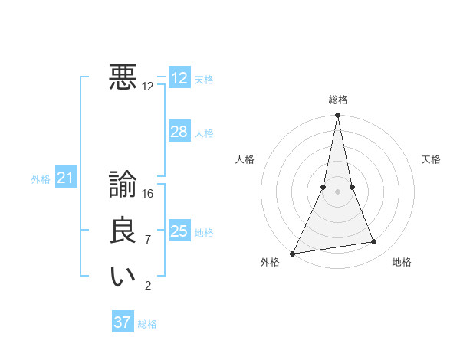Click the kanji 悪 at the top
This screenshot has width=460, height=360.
click(x=123, y=77)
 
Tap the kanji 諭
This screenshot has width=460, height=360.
click(x=123, y=185)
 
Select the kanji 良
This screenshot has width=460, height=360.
click(x=123, y=231)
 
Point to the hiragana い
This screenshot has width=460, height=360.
click(x=123, y=277)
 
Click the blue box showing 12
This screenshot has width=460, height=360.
click(x=179, y=78)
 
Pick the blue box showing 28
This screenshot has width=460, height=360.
click(x=179, y=132)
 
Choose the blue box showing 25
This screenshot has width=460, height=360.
click(x=179, y=231)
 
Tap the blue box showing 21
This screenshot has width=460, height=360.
click(x=66, y=178)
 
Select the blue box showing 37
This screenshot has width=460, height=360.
click(x=123, y=322)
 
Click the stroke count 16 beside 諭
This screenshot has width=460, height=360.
click(x=148, y=194)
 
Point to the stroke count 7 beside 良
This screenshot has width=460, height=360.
click(x=148, y=240)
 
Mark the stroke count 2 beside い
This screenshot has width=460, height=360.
click(x=148, y=286)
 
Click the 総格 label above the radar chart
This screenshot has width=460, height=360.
click(x=338, y=100)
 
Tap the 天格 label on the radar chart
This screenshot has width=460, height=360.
click(x=431, y=159)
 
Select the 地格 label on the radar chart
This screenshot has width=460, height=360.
click(x=402, y=262)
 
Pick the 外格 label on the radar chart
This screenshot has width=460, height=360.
click(x=270, y=262)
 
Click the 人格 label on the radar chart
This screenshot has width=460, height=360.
click(x=245, y=159)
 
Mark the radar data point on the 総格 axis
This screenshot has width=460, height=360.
click(x=338, y=116)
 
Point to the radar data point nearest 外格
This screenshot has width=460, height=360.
click(x=293, y=254)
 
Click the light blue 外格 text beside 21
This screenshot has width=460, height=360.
click(x=41, y=179)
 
